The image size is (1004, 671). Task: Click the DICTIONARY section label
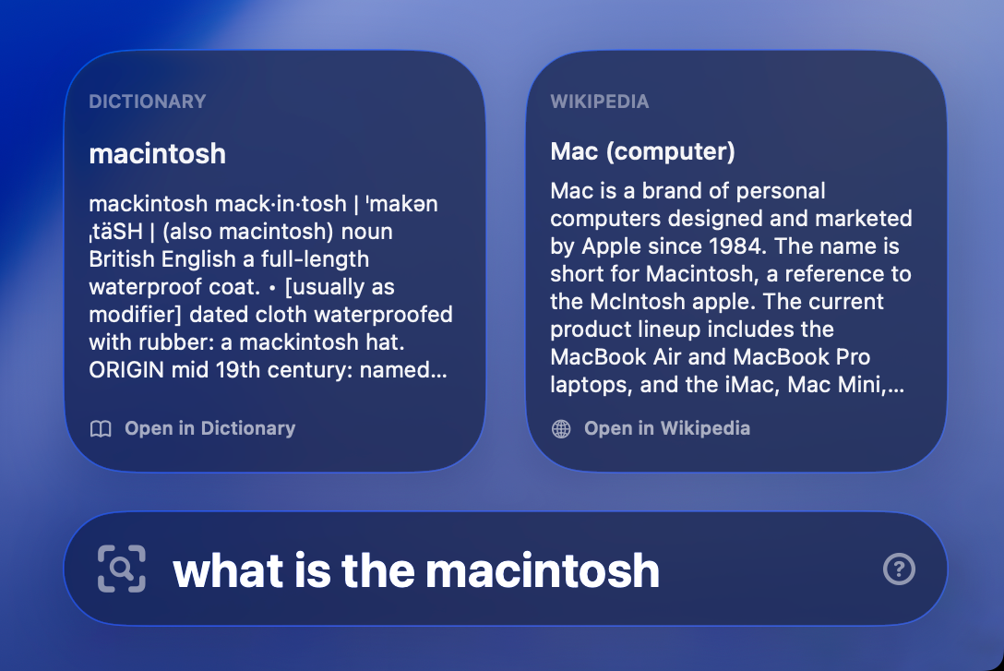148,102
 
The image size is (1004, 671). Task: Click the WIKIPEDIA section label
600,102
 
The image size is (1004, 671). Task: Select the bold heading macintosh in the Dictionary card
157,153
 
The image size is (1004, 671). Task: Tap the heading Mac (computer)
642,151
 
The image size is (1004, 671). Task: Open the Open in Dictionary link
209,428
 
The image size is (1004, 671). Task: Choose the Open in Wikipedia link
666,428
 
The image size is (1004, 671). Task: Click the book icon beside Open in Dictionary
101,429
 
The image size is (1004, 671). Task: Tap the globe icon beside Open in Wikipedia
561,429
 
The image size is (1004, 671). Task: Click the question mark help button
899,569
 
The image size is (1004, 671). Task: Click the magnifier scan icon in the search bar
122,569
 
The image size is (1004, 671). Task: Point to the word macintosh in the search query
543,570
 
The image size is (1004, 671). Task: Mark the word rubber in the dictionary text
164,342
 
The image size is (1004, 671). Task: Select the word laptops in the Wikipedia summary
588,385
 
